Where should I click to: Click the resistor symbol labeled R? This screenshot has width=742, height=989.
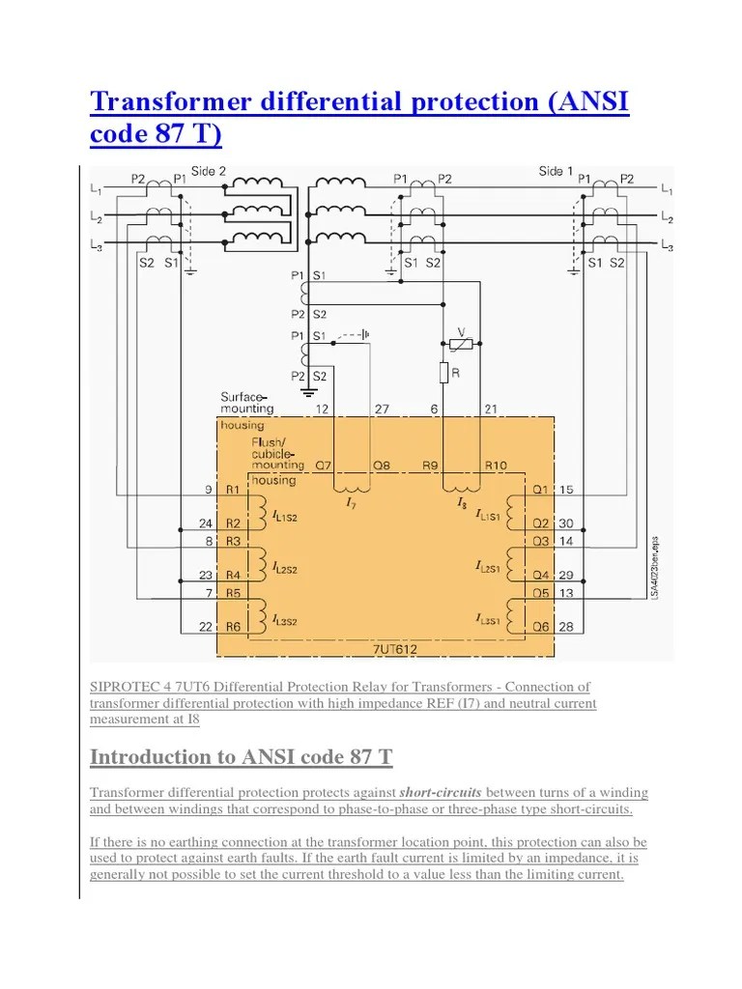tap(443, 373)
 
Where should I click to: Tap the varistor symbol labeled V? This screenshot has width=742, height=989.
tap(461, 344)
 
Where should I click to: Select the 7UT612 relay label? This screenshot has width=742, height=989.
tap(395, 649)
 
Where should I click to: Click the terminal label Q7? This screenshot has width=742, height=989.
tap(323, 466)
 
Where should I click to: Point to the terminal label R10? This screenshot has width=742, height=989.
tap(496, 466)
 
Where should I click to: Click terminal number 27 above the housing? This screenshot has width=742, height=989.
tap(382, 410)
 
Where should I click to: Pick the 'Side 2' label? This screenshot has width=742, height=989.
tap(209, 171)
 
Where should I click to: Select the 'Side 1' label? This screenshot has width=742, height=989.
tap(556, 171)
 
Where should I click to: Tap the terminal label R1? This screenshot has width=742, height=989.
tap(233, 490)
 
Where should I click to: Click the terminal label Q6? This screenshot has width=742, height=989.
tap(541, 627)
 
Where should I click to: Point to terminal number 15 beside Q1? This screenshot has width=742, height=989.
tap(566, 490)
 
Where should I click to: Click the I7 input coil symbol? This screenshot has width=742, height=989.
tap(352, 489)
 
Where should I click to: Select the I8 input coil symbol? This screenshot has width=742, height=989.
tap(461, 489)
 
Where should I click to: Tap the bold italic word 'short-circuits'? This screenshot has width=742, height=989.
tap(441, 792)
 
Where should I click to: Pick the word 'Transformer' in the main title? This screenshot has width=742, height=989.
tap(171, 101)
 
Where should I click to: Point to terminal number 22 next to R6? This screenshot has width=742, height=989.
tap(206, 627)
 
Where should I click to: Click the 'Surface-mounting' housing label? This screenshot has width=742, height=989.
tap(246, 403)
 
